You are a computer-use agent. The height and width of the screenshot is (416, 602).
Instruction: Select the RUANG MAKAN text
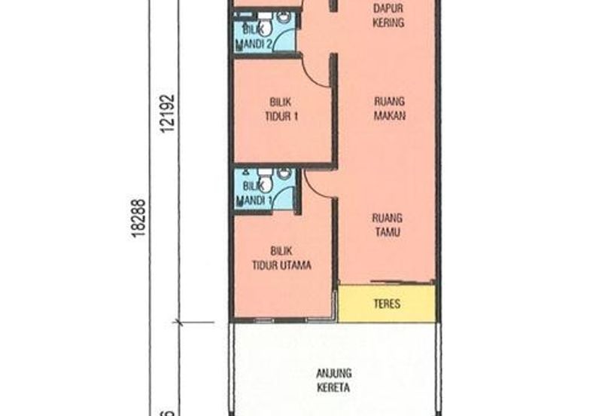pos(389,107)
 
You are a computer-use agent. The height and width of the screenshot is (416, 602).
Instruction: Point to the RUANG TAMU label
pos(387,225)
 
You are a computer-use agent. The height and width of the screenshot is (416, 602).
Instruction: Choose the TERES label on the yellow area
pos(387,304)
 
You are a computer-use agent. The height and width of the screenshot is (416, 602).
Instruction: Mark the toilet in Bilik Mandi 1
pos(284,175)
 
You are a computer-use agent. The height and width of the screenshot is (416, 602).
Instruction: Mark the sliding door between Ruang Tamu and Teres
pos(387,284)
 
